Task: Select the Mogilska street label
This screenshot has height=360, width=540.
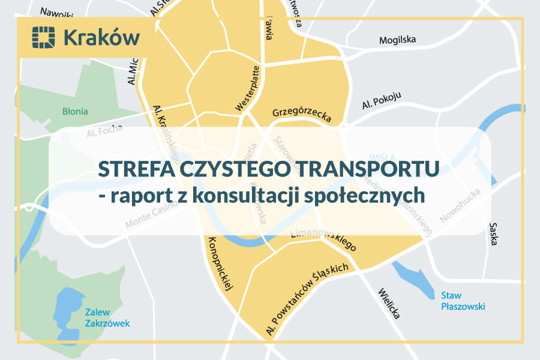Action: pos(397,40)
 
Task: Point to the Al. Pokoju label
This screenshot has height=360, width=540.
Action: pos(382,101)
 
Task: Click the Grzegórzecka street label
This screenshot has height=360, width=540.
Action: pos(301,114)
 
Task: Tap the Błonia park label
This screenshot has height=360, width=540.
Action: pos(75,111)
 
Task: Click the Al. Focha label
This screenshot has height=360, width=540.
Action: pos(104,130)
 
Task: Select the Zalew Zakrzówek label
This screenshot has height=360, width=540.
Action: pos(107,317)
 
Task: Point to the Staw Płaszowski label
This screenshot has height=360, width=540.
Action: pos(463,301)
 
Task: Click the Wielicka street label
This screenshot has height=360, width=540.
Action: pos(388,303)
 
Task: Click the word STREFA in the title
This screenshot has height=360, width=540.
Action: pos(127,169)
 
